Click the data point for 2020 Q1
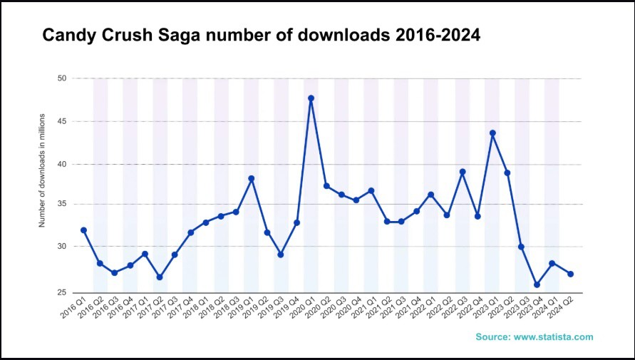311,98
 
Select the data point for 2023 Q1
492,133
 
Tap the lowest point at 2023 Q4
537,284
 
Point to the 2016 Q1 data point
83,230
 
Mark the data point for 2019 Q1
251,178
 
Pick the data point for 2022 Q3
463,172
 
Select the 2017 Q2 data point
159,277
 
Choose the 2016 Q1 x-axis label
71,308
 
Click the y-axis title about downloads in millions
42,170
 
